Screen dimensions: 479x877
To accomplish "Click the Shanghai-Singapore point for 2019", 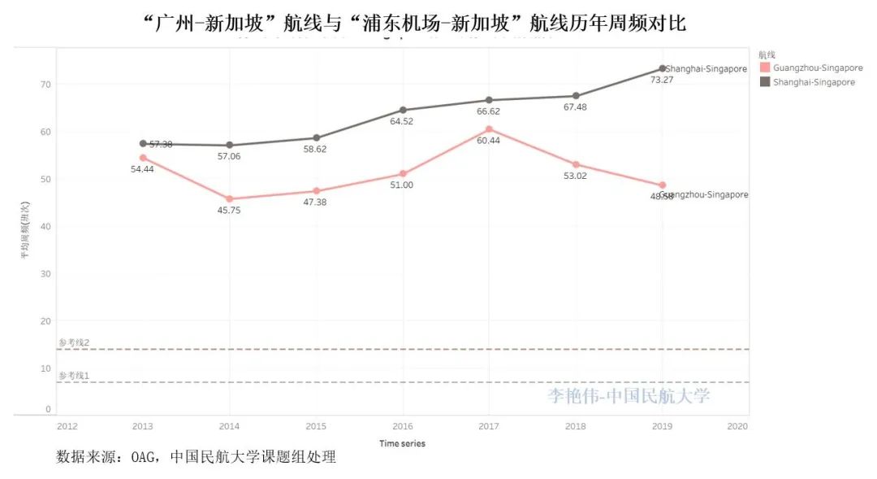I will click(x=662, y=68).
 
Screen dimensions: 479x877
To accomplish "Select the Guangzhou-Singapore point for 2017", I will click(x=489, y=129).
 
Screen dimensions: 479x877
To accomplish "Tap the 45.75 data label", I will click(x=229, y=211).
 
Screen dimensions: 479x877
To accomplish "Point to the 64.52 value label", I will click(x=402, y=121).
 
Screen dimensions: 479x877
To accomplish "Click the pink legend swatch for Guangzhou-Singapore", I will click(x=764, y=67).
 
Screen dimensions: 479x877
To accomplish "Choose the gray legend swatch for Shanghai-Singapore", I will click(x=764, y=81).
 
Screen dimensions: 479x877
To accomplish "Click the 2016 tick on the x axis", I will click(x=403, y=425).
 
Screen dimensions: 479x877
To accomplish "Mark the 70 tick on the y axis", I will click(x=45, y=85).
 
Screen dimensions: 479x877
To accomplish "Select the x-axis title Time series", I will click(x=402, y=443).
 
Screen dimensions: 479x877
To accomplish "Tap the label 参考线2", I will click(x=74, y=342).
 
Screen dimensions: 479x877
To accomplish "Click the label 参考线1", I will click(x=74, y=376).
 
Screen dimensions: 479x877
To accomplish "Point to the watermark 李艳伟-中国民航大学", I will click(x=628, y=396).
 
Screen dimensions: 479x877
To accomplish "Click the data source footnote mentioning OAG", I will click(x=196, y=457).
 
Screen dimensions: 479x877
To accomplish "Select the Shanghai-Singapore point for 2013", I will click(x=143, y=143).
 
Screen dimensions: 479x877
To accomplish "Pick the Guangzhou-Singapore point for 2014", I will click(x=230, y=198).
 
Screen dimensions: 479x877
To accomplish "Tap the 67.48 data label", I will click(x=575, y=107).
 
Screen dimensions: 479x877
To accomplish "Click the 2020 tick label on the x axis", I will click(x=737, y=425).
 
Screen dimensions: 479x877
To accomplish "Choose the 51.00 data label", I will click(x=402, y=185).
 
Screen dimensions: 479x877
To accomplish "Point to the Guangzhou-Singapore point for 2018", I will click(x=576, y=164).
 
